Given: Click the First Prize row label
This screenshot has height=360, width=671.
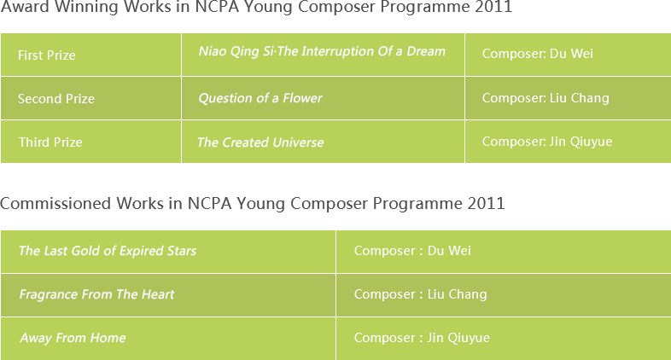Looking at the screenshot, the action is [x=47, y=55].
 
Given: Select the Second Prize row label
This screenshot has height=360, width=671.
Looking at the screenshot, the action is [x=56, y=99].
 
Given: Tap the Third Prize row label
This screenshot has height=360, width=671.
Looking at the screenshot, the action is [x=50, y=142].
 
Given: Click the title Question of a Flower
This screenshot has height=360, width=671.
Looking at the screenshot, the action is [x=260, y=98].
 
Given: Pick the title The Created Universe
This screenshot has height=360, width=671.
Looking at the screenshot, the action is [x=260, y=142].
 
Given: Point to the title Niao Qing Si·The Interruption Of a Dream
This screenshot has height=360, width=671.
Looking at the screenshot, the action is [x=322, y=51].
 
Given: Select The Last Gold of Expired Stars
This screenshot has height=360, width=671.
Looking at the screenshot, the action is [x=108, y=251].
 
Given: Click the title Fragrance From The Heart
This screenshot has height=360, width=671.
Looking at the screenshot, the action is [x=96, y=294].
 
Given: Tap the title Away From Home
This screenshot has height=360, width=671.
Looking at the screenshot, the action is [x=73, y=338].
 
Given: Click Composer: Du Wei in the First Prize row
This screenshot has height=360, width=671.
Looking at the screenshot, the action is [x=538, y=54].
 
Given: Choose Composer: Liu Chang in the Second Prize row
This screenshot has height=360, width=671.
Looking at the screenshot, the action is [x=546, y=98].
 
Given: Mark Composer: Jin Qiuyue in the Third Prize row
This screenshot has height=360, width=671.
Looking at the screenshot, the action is [x=547, y=142].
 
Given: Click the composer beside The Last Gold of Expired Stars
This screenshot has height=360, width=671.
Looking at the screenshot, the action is [x=412, y=251].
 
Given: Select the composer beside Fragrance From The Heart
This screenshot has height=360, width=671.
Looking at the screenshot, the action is [x=421, y=294].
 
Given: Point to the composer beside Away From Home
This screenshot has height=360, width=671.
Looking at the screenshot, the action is [x=422, y=338].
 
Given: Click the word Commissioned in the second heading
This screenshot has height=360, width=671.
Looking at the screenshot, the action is [x=55, y=203].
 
